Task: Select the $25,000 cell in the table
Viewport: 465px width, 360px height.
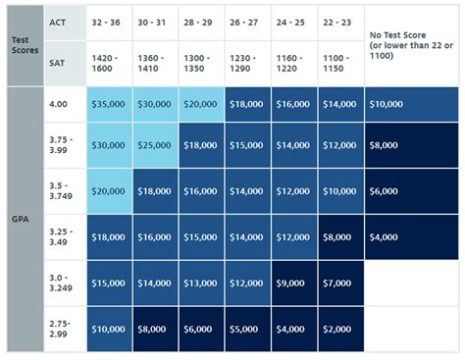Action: click(155, 145)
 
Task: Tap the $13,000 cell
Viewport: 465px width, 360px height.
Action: click(201, 283)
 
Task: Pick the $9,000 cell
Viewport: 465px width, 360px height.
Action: click(294, 283)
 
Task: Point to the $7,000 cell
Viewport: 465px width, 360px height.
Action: click(340, 283)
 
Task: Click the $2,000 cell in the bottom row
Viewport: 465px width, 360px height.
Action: click(340, 330)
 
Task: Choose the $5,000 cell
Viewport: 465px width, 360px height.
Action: click(247, 330)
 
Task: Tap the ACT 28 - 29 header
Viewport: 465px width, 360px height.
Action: click(200, 22)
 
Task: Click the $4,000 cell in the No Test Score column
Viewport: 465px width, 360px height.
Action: click(411, 236)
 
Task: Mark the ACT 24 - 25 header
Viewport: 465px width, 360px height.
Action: click(293, 22)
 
